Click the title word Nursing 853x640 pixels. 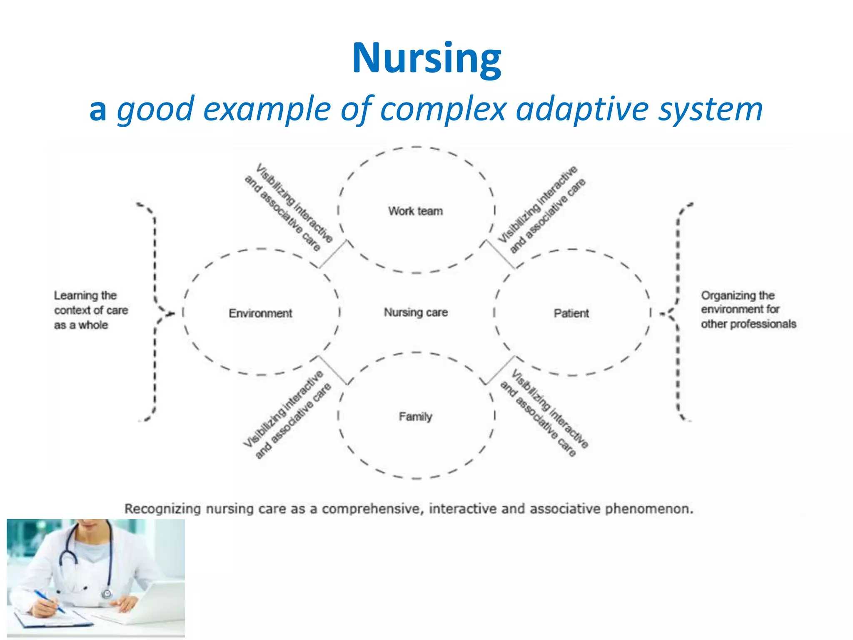(426, 58)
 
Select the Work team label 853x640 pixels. (415, 211)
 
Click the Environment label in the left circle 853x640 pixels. (260, 313)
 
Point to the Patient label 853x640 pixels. (571, 313)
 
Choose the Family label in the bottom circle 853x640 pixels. (415, 416)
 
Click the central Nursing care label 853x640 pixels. (416, 312)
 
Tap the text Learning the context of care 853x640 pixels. (91, 310)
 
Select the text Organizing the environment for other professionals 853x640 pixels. (748, 310)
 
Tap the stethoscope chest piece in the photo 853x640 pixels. (107, 593)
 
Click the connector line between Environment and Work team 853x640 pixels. (333, 254)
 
